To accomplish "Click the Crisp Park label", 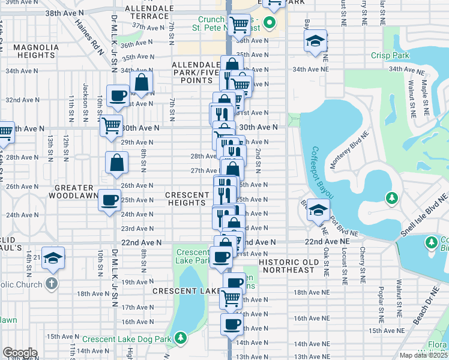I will coord(391,56).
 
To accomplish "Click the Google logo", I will coord(19,353).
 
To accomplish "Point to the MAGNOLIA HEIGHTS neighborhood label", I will coord(36,51).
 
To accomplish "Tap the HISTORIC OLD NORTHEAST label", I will coord(287,266).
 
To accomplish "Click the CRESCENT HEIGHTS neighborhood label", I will coord(187,199).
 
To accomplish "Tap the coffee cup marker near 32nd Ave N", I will coord(118,95).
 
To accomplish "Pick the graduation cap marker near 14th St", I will coord(53,258).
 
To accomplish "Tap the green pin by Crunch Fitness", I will coord(269,24).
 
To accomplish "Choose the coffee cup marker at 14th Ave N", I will coord(232,325).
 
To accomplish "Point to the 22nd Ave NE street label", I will coord(327,241).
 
